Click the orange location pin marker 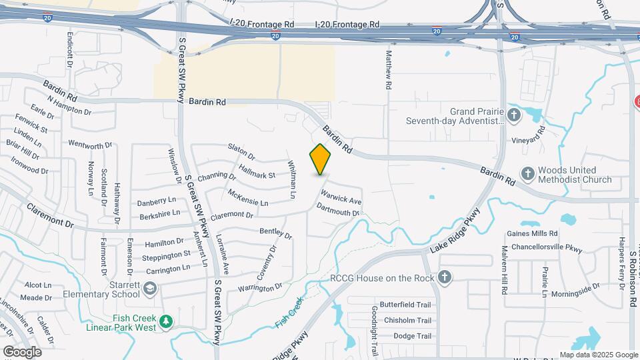pyautogui.click(x=321, y=159)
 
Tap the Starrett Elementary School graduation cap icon pyautogui.click(x=150, y=288)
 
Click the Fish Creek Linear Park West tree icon pyautogui.click(x=166, y=323)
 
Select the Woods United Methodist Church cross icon pyautogui.click(x=527, y=174)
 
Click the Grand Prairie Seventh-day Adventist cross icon pyautogui.click(x=513, y=115)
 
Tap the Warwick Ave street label pyautogui.click(x=341, y=198)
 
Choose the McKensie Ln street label pyautogui.click(x=247, y=197)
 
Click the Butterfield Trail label pyautogui.click(x=401, y=304)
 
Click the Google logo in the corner pyautogui.click(x=22, y=351)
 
